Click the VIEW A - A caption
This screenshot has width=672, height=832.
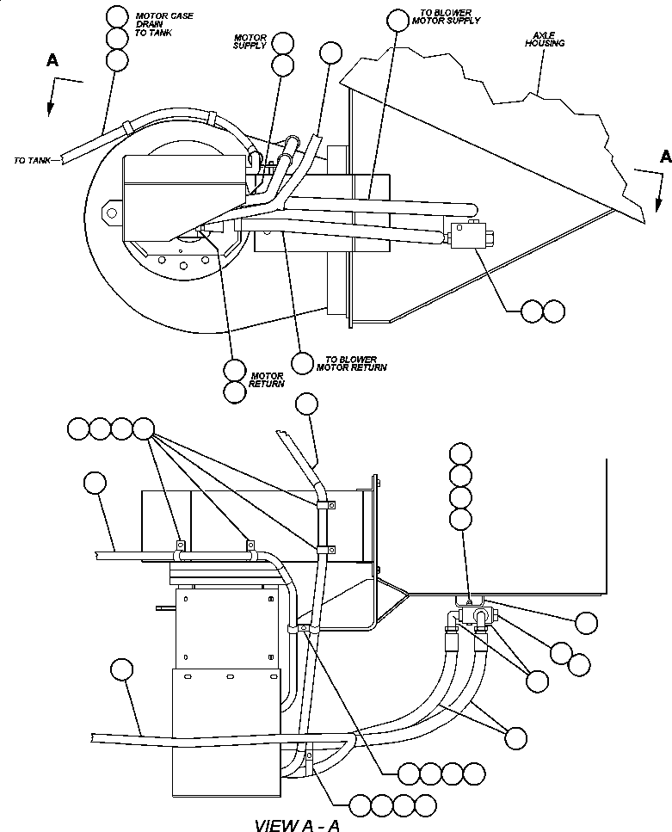coord(298,825)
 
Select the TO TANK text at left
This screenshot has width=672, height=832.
coord(32,160)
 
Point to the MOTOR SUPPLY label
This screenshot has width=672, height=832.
coord(250,42)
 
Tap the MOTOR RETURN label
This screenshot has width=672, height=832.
coord(266,379)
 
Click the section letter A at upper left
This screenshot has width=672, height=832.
coord(53,61)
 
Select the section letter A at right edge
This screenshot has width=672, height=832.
coord(664,157)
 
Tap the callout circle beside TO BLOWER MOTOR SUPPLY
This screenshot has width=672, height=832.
coord(398,20)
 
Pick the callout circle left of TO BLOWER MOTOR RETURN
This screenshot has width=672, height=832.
coord(302,363)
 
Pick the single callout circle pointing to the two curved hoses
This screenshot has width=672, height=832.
coord(516,737)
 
